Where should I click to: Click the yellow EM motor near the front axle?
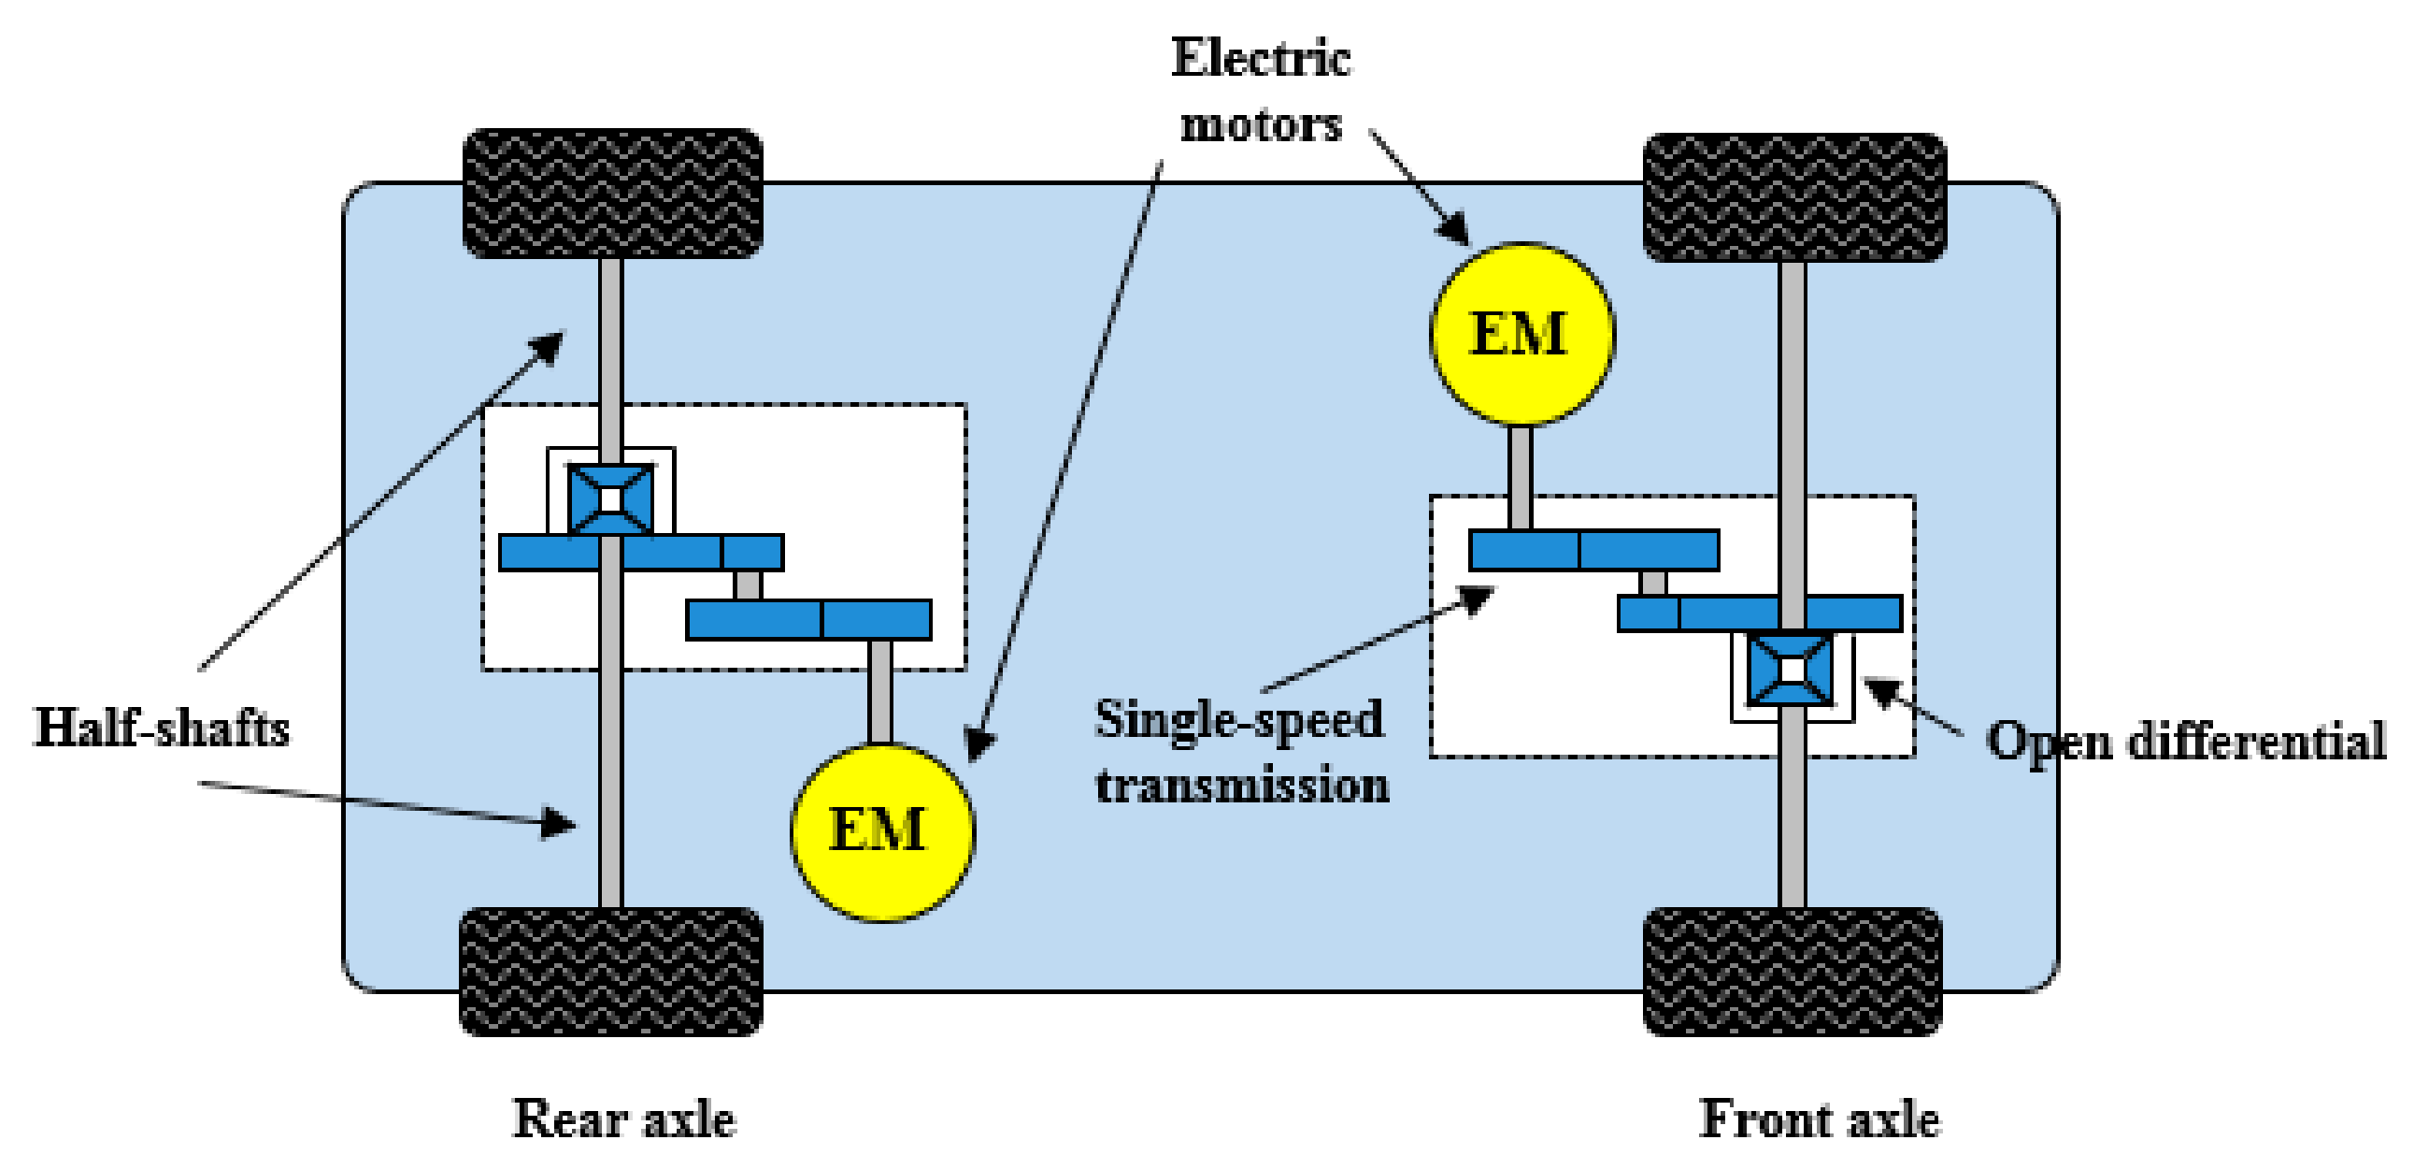[1521, 334]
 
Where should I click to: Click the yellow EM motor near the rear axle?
[882, 831]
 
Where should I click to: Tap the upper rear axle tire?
[613, 193]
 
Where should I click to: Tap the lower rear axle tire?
[611, 971]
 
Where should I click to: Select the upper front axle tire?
[1793, 197]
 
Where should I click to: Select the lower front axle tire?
[1792, 971]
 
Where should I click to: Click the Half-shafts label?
[162, 728]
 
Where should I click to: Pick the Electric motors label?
[1261, 91]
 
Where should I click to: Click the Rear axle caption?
[624, 1118]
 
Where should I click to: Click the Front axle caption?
[1819, 1118]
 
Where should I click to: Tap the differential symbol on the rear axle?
[610, 498]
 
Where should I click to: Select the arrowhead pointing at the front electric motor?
[1455, 229]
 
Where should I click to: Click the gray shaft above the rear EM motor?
[879, 692]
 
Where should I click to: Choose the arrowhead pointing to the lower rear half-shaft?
[560, 823]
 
